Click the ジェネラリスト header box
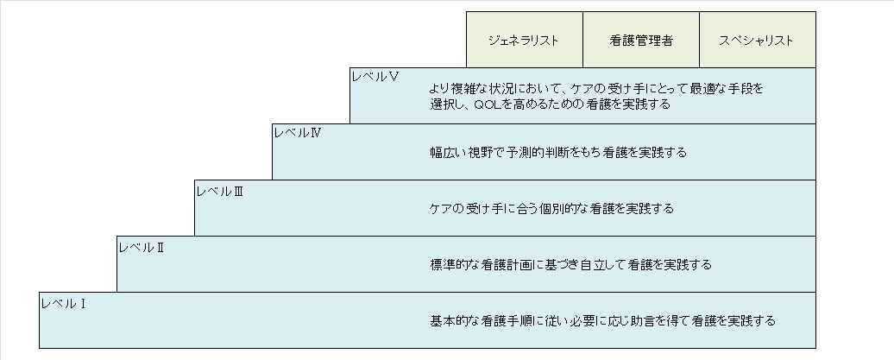click(x=525, y=40)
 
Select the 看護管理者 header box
click(x=641, y=40)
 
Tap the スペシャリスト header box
click(x=757, y=40)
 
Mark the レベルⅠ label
click(x=62, y=303)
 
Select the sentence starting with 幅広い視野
click(x=558, y=152)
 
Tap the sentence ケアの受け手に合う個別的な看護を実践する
click(x=551, y=208)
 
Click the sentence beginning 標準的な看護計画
click(x=570, y=264)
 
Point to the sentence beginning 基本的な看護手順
click(x=602, y=320)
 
